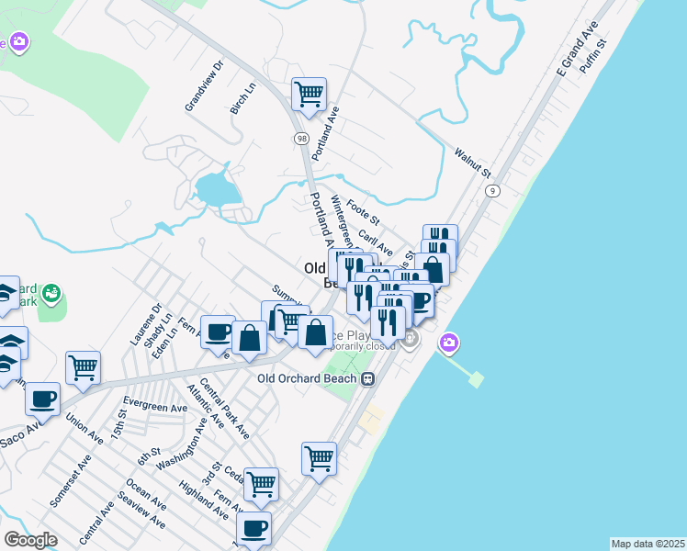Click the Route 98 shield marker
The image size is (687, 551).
(301, 138)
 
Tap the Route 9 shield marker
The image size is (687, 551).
(493, 190)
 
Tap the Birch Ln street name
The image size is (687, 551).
(243, 98)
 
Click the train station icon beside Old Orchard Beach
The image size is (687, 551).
(367, 378)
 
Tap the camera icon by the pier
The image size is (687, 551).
(448, 343)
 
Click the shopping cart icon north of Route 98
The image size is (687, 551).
(310, 93)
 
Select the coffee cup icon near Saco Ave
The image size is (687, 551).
(42, 399)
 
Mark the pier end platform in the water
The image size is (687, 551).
(476, 378)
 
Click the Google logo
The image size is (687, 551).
(30, 540)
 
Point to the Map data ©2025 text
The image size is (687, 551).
(648, 544)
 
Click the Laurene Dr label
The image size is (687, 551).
(145, 324)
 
